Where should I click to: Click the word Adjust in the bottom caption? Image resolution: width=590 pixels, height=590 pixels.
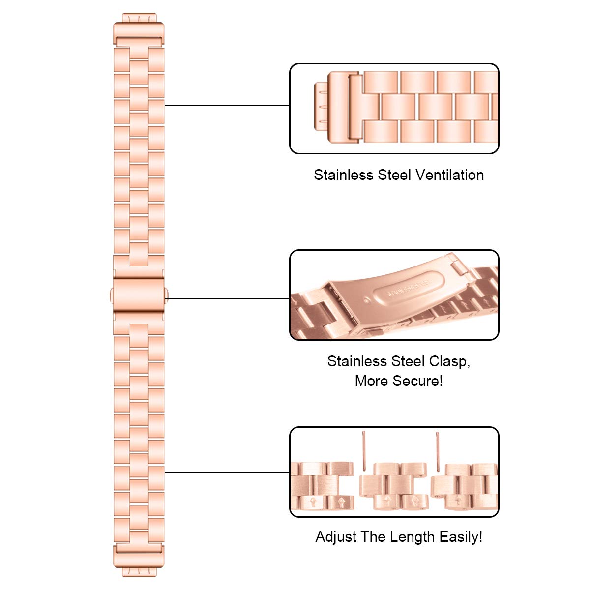336,537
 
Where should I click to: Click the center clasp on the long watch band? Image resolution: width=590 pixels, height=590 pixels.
138,294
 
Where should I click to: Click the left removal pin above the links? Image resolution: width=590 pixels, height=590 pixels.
363,450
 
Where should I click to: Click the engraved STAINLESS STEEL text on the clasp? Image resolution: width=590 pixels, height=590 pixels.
409,289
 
